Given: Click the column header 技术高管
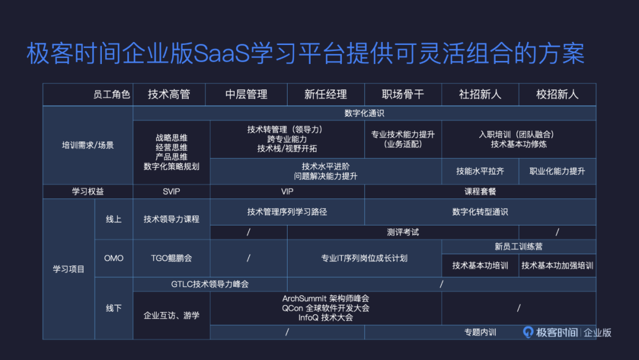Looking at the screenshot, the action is click(x=169, y=94).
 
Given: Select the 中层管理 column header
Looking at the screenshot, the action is click(x=246, y=94).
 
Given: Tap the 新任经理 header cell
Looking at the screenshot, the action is click(x=325, y=94).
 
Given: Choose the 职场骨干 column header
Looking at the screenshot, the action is click(x=403, y=94).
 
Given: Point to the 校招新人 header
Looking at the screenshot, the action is click(x=557, y=94).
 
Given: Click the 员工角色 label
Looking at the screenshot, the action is click(x=112, y=95).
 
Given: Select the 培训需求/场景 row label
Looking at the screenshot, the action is click(x=88, y=145).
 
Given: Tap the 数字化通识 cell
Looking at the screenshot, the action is click(x=364, y=113).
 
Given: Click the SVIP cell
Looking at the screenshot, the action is click(x=172, y=192).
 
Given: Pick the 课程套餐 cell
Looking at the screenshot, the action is click(x=480, y=192).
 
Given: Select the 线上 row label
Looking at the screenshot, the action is click(x=114, y=219).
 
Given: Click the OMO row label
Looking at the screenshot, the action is click(x=114, y=258).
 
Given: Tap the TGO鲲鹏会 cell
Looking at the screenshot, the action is click(x=172, y=258).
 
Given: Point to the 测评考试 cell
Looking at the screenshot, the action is click(x=403, y=232).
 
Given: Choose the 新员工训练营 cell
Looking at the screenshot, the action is click(x=519, y=246).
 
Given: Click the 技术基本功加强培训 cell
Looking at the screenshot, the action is click(x=557, y=265).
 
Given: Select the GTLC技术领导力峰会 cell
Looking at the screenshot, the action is click(x=210, y=284).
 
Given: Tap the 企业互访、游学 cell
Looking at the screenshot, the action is click(x=172, y=316).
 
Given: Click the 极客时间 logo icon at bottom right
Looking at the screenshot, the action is click(x=528, y=332).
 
